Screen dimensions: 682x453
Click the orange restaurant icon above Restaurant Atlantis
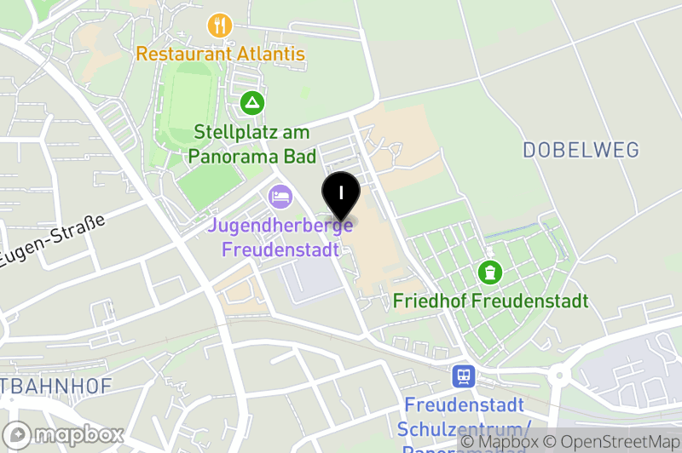pos(220,26)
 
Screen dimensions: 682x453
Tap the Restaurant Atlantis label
pos(220,54)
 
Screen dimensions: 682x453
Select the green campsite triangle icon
pos(251,104)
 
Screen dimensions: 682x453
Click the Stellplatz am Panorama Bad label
pos(251,144)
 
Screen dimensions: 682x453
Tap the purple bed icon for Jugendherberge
pos(280,198)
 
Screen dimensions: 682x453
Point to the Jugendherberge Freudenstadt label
pos(280,238)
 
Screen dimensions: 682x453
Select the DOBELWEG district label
pos(581,151)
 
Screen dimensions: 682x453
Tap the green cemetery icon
pos(490,273)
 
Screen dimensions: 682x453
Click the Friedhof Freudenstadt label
pos(490,301)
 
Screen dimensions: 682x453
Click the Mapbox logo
pos(65,434)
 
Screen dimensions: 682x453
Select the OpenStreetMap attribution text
pos(615,442)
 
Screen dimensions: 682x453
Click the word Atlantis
pos(265,54)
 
